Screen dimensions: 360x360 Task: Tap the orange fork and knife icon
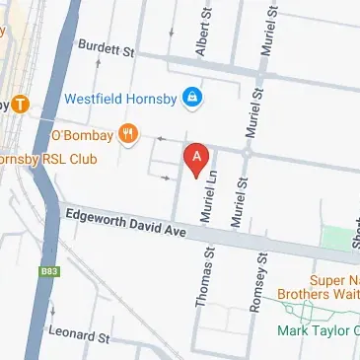tap(127, 133)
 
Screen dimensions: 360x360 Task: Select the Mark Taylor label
tap(316, 330)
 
